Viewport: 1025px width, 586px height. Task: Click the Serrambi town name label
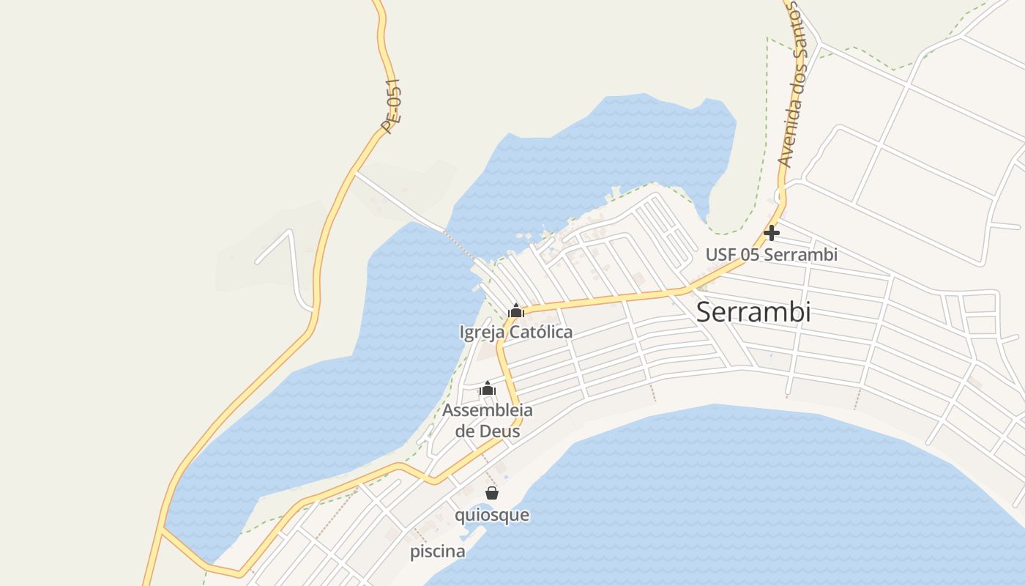753,312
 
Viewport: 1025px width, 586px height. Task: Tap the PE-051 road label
391,106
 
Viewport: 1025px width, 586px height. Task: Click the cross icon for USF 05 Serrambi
772,234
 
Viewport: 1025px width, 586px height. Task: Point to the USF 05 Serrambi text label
771,255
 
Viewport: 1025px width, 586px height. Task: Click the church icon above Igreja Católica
516,311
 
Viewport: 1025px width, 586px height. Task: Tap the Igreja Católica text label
515,333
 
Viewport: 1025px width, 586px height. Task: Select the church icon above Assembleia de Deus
488,388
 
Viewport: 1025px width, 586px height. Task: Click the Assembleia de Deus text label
488,420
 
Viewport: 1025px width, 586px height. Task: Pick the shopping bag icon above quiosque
492,493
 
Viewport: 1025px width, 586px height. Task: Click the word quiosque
492,515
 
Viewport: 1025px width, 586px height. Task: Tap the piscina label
437,552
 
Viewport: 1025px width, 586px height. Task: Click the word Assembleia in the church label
488,410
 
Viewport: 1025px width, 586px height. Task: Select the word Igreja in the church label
481,333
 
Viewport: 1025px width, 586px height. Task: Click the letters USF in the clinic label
720,255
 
